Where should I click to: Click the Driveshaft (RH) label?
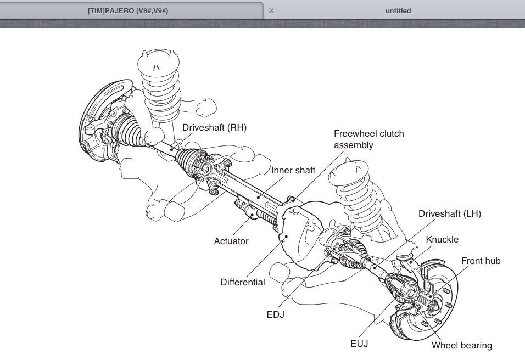click(215, 127)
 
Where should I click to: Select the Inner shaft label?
click(293, 170)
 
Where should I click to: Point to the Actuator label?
click(231, 241)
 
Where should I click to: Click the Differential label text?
click(243, 282)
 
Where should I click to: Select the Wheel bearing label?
click(461, 345)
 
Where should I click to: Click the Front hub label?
click(481, 261)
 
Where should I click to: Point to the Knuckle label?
click(442, 240)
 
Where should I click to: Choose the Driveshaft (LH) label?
click(449, 213)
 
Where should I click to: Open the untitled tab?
click(398, 11)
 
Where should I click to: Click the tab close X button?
click(271, 11)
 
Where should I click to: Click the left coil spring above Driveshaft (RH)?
click(161, 82)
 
